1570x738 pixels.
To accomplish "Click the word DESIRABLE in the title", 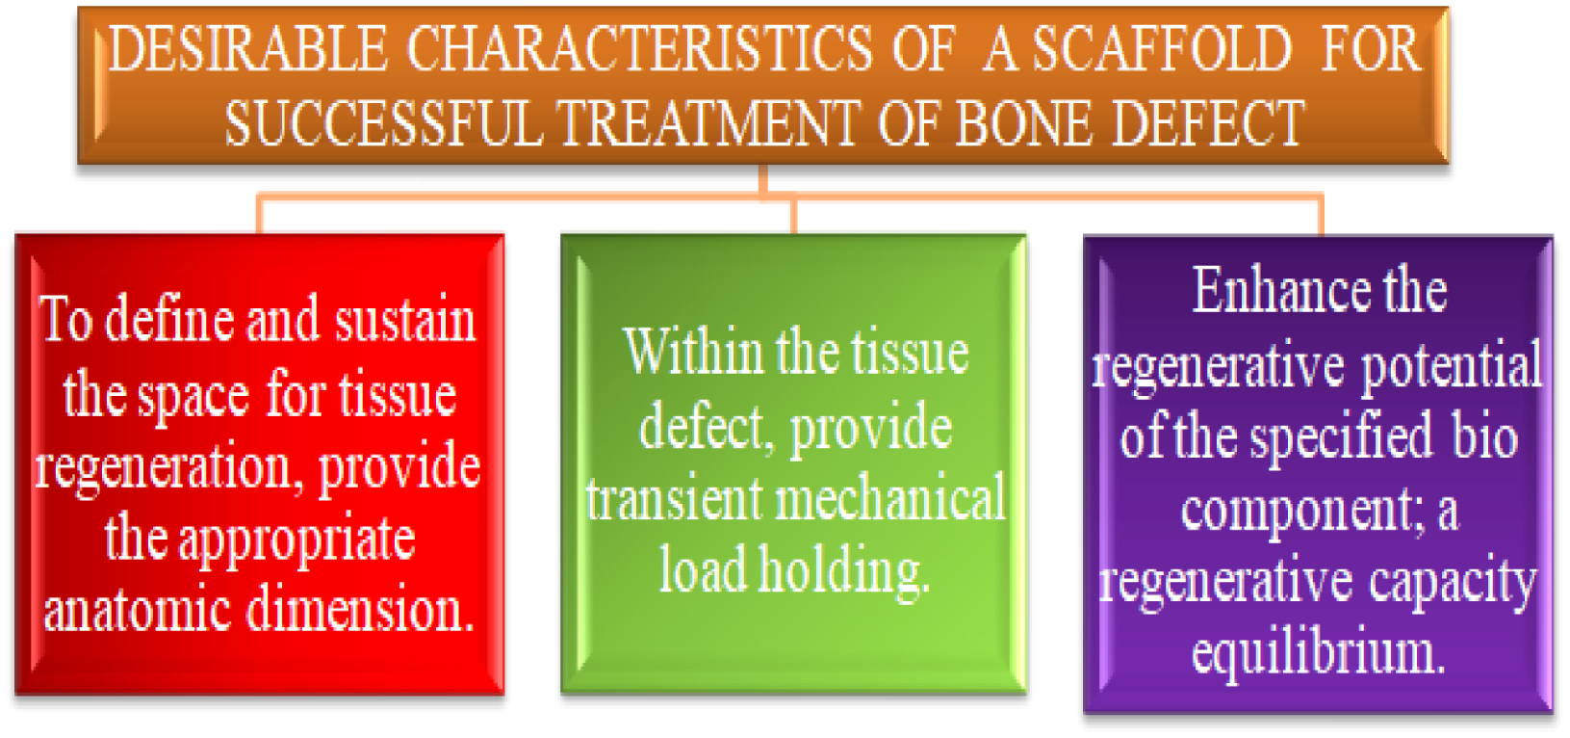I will point(247,50).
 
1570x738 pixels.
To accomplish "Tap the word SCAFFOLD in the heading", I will point(1162,50).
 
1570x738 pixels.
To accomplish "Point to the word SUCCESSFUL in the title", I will point(383,124).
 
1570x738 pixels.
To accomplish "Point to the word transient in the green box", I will point(674,500).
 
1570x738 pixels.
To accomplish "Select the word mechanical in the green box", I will point(890,500).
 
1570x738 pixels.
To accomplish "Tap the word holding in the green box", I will point(844,571).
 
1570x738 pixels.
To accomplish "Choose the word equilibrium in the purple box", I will point(1319,654).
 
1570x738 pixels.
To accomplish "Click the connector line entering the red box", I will point(259,214).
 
